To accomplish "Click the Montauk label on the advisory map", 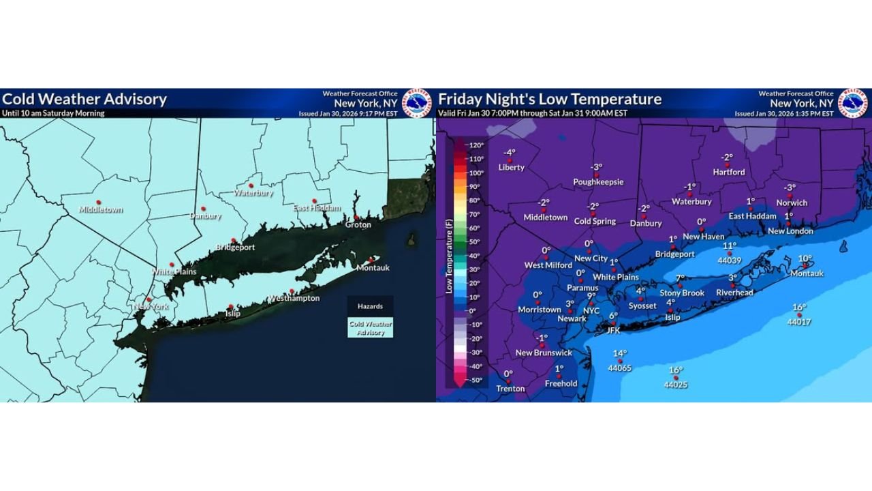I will pos(373,268).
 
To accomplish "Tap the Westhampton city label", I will pos(294,299).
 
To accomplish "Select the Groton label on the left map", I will pos(358,224).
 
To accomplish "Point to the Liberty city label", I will pos(511,167).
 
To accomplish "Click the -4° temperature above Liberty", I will pos(510,153).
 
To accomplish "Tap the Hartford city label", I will pos(728,173).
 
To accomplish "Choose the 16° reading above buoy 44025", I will pos(675,370).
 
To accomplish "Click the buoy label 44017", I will pos(799,322).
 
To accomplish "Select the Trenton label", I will pos(510,389).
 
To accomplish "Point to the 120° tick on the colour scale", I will pos(476,145).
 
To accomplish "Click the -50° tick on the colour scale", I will pos(476,381).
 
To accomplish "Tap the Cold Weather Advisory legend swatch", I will pos(371,328).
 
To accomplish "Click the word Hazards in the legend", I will pos(371,306).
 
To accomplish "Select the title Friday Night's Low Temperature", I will pos(550,99).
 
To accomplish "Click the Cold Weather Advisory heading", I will pos(84,99).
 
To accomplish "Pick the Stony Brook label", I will pos(682,293).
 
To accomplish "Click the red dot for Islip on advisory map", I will pos(231,307).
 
